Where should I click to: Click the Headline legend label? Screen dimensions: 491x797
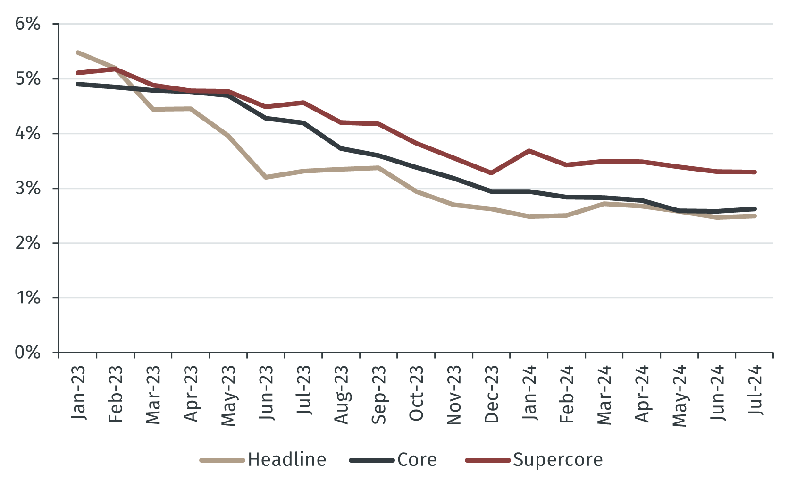[x=287, y=460]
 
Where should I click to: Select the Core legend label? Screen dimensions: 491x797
[x=417, y=460]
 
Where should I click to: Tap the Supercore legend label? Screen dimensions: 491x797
[x=558, y=460]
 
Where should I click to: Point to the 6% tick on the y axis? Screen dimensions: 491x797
[x=28, y=24]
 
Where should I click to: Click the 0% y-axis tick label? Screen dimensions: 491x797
[x=28, y=352]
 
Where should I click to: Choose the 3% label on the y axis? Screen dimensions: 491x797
[x=28, y=188]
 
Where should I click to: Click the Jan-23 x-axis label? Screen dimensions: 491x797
[x=78, y=392]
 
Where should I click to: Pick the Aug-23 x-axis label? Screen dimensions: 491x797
[x=341, y=395]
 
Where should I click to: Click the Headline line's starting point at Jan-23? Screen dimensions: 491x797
[x=78, y=52]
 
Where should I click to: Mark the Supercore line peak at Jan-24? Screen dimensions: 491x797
[x=529, y=151]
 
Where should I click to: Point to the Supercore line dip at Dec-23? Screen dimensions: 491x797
[x=492, y=173]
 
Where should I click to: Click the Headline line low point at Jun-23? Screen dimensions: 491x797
[x=266, y=177]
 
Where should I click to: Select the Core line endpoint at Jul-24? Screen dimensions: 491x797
[x=755, y=209]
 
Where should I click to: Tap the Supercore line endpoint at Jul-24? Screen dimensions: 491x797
[x=755, y=172]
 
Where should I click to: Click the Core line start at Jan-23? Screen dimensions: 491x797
[x=78, y=84]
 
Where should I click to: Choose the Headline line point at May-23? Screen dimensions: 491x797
[x=228, y=136]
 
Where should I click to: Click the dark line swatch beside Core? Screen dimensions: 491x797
[x=372, y=460]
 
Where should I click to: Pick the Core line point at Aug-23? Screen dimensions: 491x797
[x=341, y=148]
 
